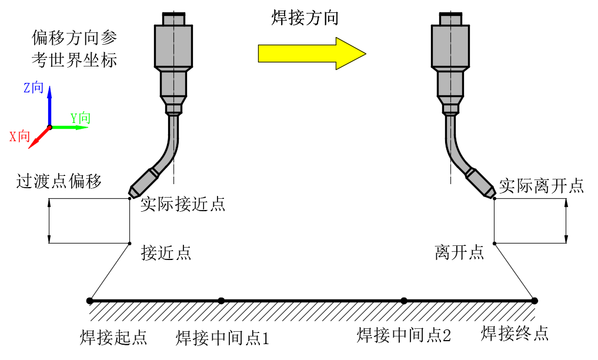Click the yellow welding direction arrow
pyautogui.click(x=312, y=54)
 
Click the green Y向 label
pyautogui.click(x=81, y=118)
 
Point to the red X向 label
pyautogui.click(x=20, y=136)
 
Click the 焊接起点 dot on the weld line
pyautogui.click(x=90, y=301)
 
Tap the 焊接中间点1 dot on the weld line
pyautogui.click(x=221, y=301)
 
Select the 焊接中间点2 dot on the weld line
pyautogui.click(x=404, y=301)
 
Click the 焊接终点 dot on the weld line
pyautogui.click(x=534, y=301)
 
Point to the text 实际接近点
pyautogui.click(x=183, y=205)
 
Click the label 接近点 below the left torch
pyautogui.click(x=166, y=253)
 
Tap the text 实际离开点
pyautogui.click(x=541, y=185)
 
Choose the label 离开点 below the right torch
pyautogui.click(x=459, y=253)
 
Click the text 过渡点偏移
pyautogui.click(x=59, y=181)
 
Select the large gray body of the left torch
pyautogui.click(x=173, y=46)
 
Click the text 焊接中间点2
pyautogui.click(x=404, y=335)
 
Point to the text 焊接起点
pyautogui.click(x=113, y=338)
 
